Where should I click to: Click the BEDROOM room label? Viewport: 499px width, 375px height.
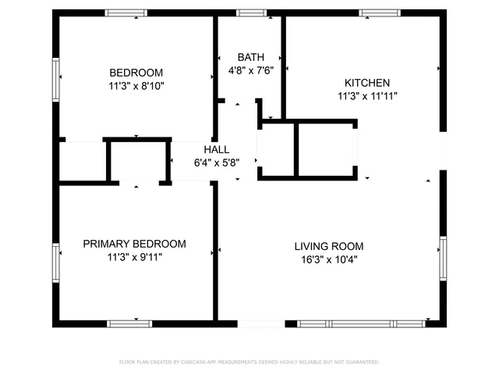click(136, 73)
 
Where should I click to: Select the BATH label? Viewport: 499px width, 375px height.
click(250, 57)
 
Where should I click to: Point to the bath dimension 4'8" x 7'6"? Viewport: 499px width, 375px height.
click(250, 70)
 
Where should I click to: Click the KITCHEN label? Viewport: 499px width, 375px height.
click(367, 83)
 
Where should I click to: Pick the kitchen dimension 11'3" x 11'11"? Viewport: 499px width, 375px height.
click(367, 96)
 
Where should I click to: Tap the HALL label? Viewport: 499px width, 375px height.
click(216, 150)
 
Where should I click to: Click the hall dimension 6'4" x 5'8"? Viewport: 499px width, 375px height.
click(216, 162)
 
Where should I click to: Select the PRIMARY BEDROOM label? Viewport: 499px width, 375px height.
click(135, 243)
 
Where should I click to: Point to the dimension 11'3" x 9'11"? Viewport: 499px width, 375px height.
click(135, 256)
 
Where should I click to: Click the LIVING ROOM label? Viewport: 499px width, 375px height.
click(328, 245)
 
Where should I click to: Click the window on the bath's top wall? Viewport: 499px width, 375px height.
click(250, 12)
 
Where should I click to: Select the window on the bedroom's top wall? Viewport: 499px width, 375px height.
click(126, 12)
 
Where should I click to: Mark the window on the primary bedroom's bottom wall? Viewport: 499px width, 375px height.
click(129, 323)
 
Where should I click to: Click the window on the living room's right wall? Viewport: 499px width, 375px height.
click(443, 258)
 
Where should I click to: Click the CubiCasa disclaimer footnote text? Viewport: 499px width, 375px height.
click(249, 362)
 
